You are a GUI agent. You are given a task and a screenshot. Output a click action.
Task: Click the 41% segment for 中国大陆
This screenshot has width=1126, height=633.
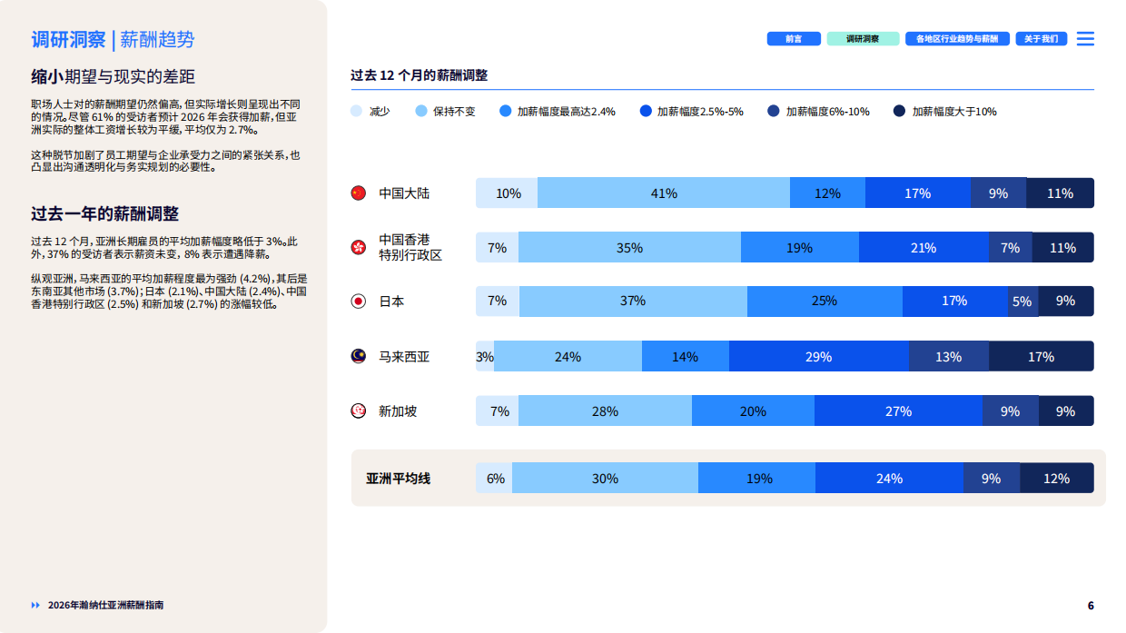point(664,193)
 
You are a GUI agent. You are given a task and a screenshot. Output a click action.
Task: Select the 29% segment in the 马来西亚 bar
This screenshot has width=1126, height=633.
point(818,357)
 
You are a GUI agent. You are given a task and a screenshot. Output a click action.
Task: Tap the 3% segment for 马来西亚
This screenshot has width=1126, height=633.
point(485,357)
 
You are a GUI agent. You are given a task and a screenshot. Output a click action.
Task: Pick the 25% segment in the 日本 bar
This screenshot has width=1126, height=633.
point(825,301)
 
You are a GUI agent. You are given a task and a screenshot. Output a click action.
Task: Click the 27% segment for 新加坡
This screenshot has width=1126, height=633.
point(898,411)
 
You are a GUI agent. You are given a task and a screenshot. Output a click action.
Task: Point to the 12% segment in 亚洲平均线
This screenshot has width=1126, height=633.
point(1056,479)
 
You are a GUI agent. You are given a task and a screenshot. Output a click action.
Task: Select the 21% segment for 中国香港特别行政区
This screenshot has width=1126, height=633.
point(924,248)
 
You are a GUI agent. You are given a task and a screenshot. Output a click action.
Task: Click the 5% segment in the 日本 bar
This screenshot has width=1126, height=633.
point(1022,302)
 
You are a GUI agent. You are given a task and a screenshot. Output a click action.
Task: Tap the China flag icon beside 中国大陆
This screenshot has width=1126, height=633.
point(359,193)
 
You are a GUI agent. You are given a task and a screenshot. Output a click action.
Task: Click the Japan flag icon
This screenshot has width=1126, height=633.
point(359,302)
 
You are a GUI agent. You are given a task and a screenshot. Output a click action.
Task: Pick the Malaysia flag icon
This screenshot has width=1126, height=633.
point(359,357)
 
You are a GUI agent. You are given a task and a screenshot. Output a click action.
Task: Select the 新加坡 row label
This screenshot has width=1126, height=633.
point(398,411)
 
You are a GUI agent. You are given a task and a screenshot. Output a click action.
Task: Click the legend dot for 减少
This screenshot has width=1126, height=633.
point(357,112)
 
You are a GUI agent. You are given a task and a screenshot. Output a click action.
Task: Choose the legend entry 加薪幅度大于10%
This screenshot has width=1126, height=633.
point(953,112)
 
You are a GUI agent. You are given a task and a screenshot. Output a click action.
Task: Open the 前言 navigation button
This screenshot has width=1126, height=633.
point(794,39)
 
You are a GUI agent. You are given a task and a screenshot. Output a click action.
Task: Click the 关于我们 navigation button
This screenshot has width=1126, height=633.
point(1041,39)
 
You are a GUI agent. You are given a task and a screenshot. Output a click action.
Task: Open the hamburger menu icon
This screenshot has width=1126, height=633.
point(1085,39)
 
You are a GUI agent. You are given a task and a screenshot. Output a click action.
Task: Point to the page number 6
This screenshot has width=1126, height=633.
point(1091,606)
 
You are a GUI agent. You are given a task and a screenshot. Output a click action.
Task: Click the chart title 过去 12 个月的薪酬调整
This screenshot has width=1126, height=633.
point(420,75)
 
